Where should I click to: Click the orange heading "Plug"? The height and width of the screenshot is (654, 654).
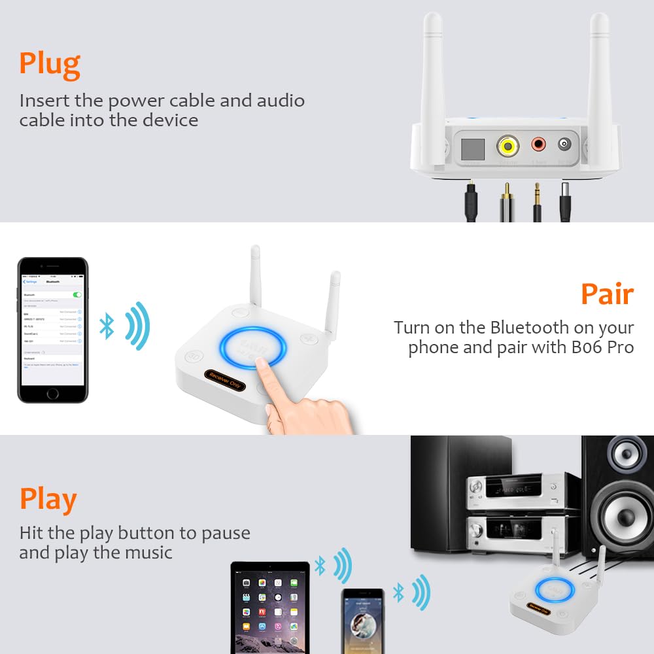coord(50,64)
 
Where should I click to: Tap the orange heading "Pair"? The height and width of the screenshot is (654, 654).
coord(607,294)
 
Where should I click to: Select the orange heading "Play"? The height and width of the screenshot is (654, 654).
coord(48,500)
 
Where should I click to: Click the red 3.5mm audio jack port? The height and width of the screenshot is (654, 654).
coord(538,144)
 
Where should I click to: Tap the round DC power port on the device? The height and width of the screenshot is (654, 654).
coord(564,145)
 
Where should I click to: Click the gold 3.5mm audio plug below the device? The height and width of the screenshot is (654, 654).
coord(538,199)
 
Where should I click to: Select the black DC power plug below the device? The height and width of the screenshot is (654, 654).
coord(565,203)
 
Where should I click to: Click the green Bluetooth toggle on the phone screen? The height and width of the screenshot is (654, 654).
coord(78,295)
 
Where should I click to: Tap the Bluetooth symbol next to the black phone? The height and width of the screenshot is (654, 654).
coord(107,326)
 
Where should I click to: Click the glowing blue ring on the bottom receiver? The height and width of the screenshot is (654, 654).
coord(555,591)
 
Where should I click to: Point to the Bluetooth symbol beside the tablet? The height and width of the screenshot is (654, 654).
coord(320,566)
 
